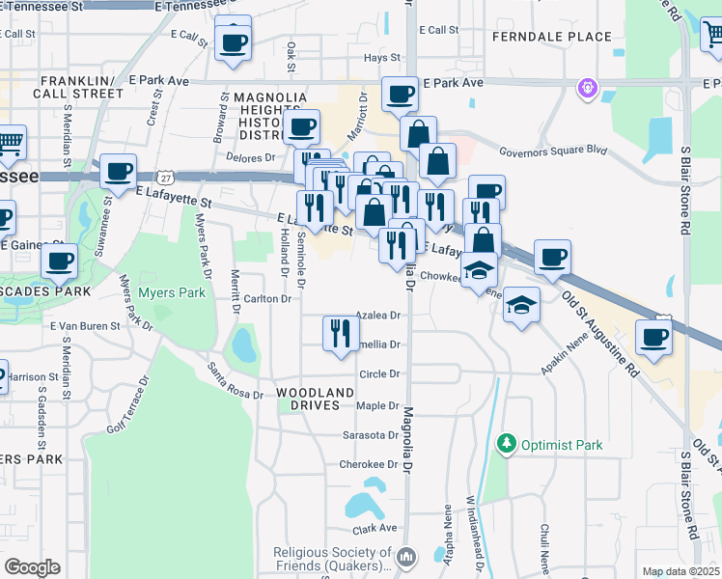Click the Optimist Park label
(562, 445)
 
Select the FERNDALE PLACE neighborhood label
(551, 37)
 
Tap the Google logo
(32, 567)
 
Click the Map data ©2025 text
(680, 571)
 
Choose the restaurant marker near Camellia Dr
(340, 334)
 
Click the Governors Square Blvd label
(553, 151)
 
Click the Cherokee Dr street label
(369, 464)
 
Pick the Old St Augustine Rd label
(600, 329)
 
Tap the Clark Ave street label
(375, 528)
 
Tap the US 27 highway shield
(166, 177)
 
